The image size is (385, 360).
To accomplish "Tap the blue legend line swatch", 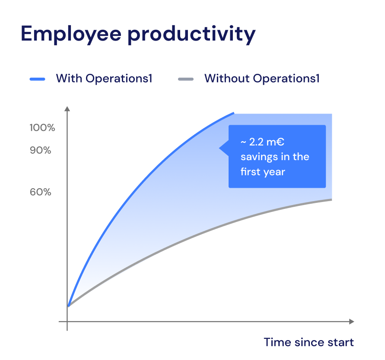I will click(x=38, y=79).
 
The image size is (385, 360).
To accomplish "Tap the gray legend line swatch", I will click(x=186, y=79).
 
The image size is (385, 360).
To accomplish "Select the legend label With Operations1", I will click(x=104, y=79).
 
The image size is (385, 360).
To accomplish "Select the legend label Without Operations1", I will click(x=262, y=79).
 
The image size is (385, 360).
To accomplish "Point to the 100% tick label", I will click(x=42, y=128).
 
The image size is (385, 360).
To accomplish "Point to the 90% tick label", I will click(x=41, y=151).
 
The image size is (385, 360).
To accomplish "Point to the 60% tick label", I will click(x=41, y=192).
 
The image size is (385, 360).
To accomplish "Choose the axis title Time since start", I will click(x=309, y=342).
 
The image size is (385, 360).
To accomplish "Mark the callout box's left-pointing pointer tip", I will click(x=220, y=148).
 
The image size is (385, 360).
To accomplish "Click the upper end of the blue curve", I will click(x=233, y=114).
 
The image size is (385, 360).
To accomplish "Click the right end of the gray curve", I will click(x=331, y=199).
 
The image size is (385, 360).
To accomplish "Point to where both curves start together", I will click(x=67, y=306).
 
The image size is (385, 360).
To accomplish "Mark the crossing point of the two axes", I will click(x=67, y=322).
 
